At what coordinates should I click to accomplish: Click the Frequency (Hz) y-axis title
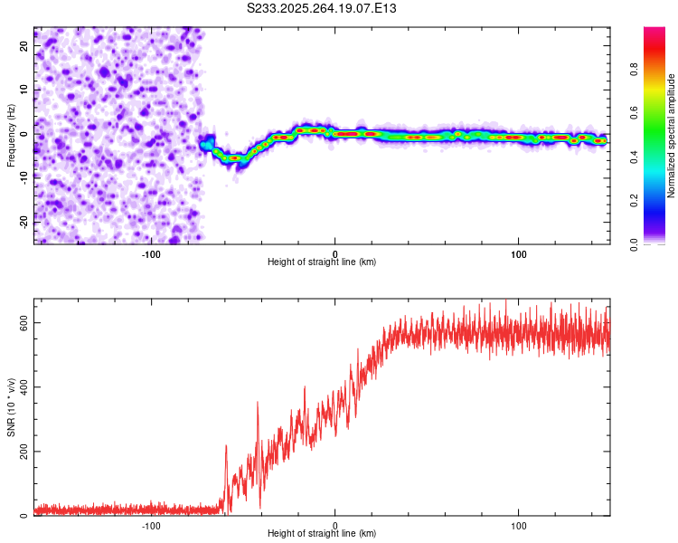click(x=11, y=135)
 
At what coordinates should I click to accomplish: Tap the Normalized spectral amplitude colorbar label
click(x=672, y=135)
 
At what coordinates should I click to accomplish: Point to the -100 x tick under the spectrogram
click(x=151, y=253)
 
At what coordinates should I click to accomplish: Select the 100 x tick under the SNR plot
click(x=519, y=525)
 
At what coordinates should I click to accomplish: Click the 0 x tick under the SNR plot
click(x=335, y=525)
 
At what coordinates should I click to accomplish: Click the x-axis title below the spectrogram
click(x=322, y=262)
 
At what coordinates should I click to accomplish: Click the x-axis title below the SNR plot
click(x=322, y=534)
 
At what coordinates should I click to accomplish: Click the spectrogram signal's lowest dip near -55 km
click(x=235, y=157)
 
